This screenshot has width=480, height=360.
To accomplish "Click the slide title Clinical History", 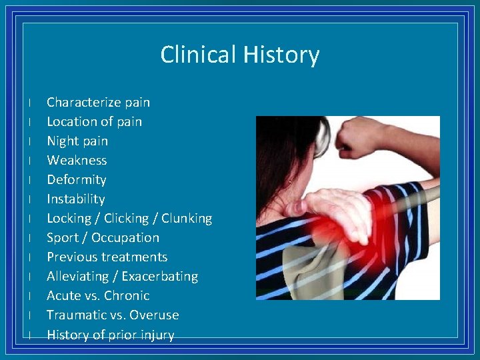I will coord(240,55).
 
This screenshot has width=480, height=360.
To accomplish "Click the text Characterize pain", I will coord(98,102).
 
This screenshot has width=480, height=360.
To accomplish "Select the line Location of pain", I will coord(94,121).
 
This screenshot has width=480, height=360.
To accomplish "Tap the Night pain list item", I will coord(77,141).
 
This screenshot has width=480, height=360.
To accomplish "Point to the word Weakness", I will coord(77,160).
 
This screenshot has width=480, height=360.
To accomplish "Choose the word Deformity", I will coord(77,179).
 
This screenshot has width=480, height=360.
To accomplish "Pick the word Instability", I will coord(76,199).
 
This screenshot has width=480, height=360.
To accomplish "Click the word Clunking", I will coord(187,218).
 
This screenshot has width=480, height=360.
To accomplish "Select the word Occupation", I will coord(125,237).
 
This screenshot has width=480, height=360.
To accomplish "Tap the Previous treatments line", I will coord(107,257).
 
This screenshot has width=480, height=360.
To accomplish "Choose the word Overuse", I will coord(154,315).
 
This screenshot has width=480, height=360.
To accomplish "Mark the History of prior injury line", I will coord(110,335).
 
